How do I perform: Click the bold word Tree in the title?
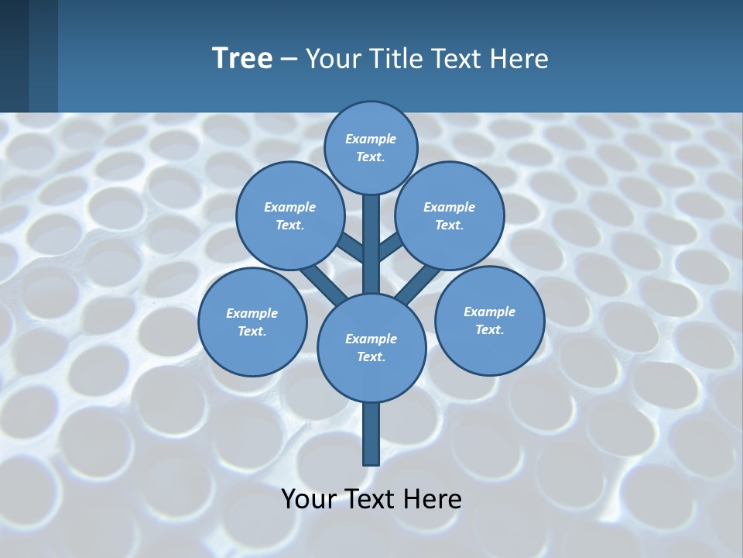coord(242,58)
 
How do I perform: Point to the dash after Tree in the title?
coord(289,59)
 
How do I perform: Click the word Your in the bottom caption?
coord(308,498)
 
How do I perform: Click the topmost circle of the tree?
coord(371,147)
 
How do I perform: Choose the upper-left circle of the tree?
coord(289,215)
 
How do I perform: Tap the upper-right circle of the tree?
coord(450,215)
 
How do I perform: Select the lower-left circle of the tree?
coord(252,322)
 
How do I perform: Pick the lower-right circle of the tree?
coord(489,320)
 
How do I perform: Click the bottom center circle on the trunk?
coord(371,347)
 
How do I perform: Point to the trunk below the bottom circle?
coord(371,434)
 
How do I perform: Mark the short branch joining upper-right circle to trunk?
coord(391,246)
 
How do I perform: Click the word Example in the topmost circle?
coord(371,139)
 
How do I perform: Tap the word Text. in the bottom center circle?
coord(371,356)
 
